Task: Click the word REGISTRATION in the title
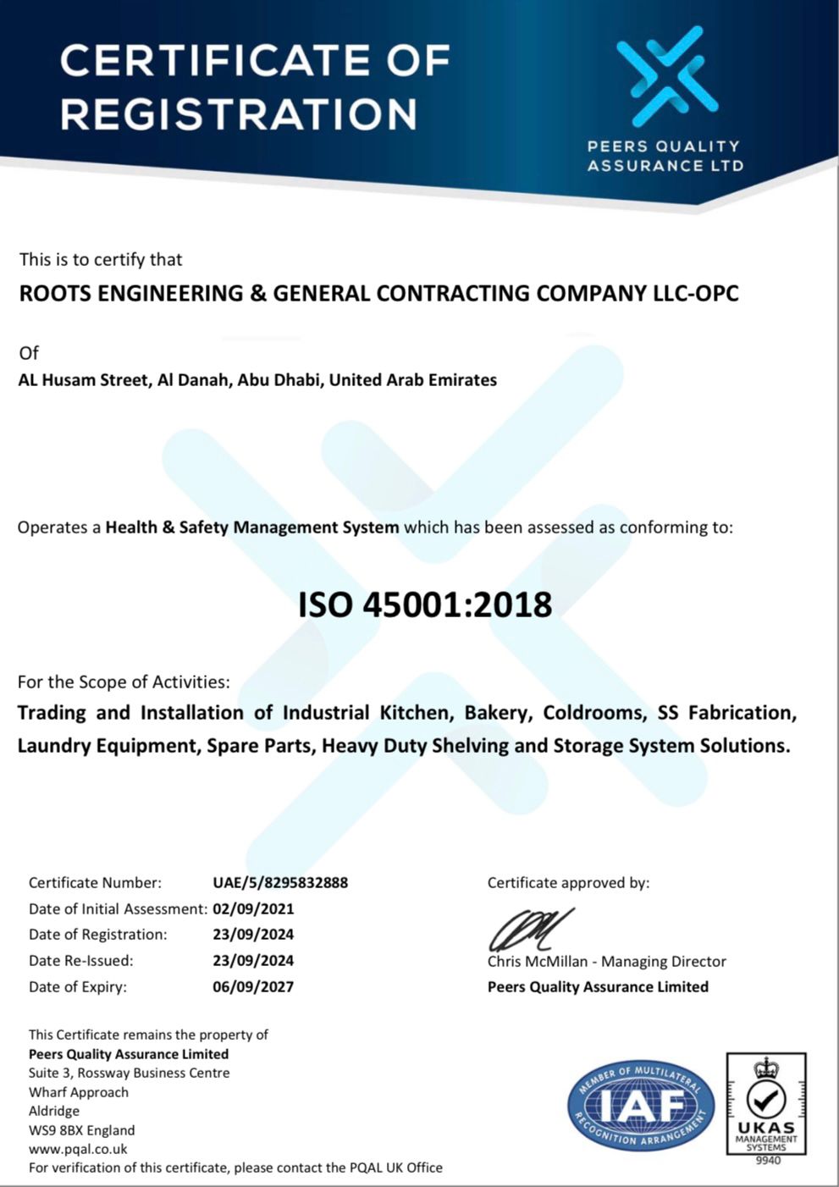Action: click(239, 113)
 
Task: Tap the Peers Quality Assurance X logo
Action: click(666, 72)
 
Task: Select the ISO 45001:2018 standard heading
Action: click(425, 605)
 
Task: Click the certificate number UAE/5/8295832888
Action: click(280, 882)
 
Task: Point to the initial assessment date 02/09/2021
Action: click(253, 908)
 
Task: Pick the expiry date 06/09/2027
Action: click(253, 986)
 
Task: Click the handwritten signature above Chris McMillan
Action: click(529, 930)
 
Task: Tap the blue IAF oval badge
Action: click(640, 1105)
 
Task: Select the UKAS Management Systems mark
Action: click(765, 1103)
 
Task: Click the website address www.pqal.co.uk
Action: click(78, 1149)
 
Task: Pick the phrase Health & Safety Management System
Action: click(251, 527)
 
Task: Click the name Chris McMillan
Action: click(538, 961)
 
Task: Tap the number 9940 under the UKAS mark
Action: click(767, 1160)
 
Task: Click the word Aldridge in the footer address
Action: click(54, 1111)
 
